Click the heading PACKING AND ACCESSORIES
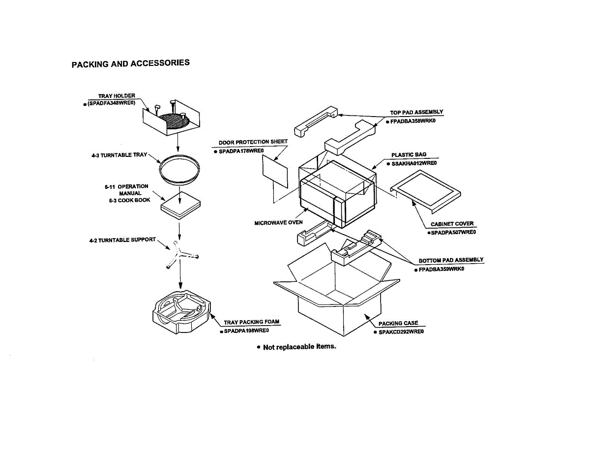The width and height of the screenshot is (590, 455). click(x=130, y=64)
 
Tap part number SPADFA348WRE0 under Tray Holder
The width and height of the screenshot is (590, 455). click(x=111, y=103)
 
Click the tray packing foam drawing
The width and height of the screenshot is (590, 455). click(x=180, y=313)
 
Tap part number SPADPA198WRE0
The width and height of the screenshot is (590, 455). click(x=246, y=331)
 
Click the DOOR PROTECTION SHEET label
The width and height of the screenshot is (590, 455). click(x=253, y=142)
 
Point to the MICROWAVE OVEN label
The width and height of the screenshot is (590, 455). click(x=278, y=223)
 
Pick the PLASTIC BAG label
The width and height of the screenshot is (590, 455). click(x=409, y=155)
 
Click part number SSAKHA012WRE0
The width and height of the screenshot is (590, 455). click(x=414, y=163)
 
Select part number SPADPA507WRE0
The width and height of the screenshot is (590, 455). click(x=453, y=232)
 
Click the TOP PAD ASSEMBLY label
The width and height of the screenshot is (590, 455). click(x=416, y=113)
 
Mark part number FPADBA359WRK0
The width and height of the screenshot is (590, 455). click(x=441, y=269)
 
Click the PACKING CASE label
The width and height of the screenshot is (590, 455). click(x=398, y=323)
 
